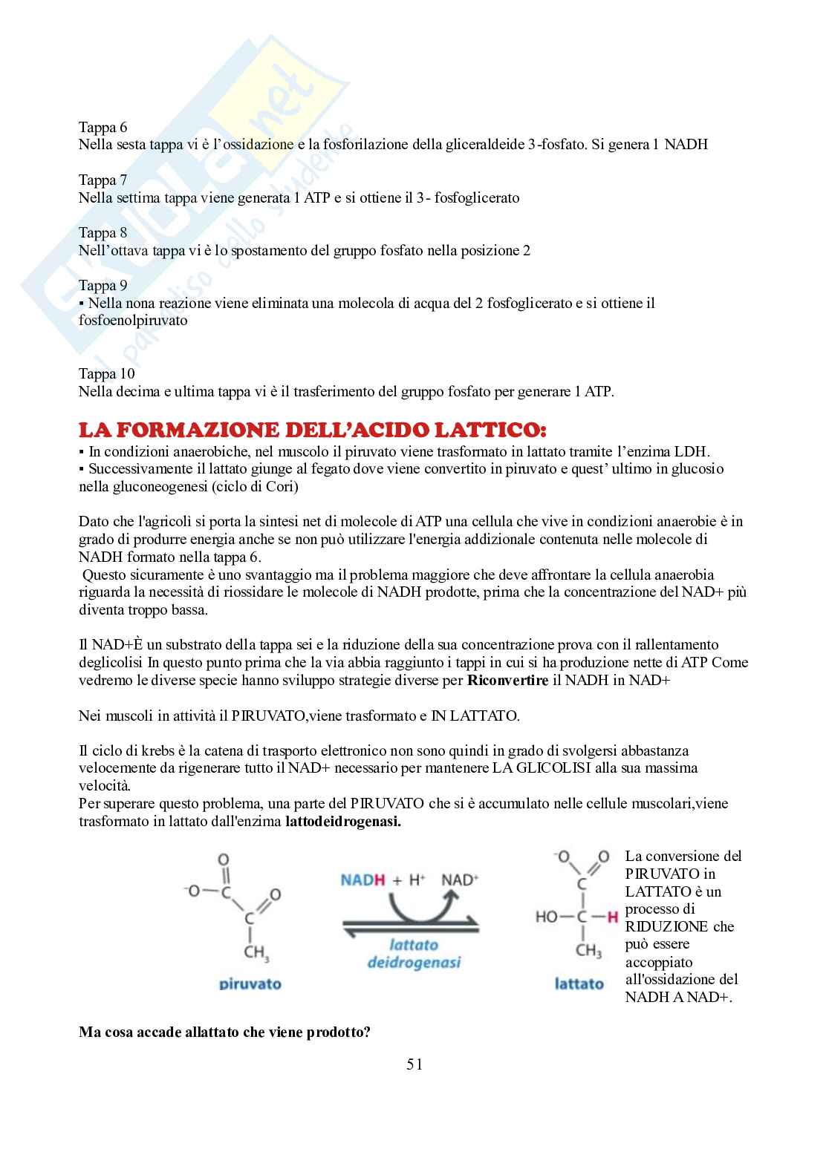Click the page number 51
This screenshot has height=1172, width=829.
pyautogui.click(x=414, y=1064)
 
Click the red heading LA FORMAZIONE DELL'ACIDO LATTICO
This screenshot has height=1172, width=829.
pyautogui.click(x=312, y=431)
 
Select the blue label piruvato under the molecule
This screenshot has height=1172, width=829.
pyautogui.click(x=250, y=984)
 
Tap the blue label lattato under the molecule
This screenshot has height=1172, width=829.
pyautogui.click(x=579, y=984)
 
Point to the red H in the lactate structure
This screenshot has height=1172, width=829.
pyautogui.click(x=613, y=917)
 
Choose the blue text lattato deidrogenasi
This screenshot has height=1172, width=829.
pyautogui.click(x=414, y=954)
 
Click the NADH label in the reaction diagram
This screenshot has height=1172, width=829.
pyautogui.click(x=363, y=880)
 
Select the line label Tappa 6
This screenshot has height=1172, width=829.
pyautogui.click(x=103, y=127)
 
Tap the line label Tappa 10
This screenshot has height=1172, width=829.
pyautogui.click(x=106, y=374)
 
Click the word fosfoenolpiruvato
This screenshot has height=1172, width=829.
pyautogui.click(x=133, y=321)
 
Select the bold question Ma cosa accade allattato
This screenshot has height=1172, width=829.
pyautogui.click(x=224, y=1032)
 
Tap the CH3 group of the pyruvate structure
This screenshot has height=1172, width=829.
pyautogui.click(x=256, y=952)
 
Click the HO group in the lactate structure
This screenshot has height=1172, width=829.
pyautogui.click(x=547, y=917)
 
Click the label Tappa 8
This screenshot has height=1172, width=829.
pyautogui.click(x=103, y=233)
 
